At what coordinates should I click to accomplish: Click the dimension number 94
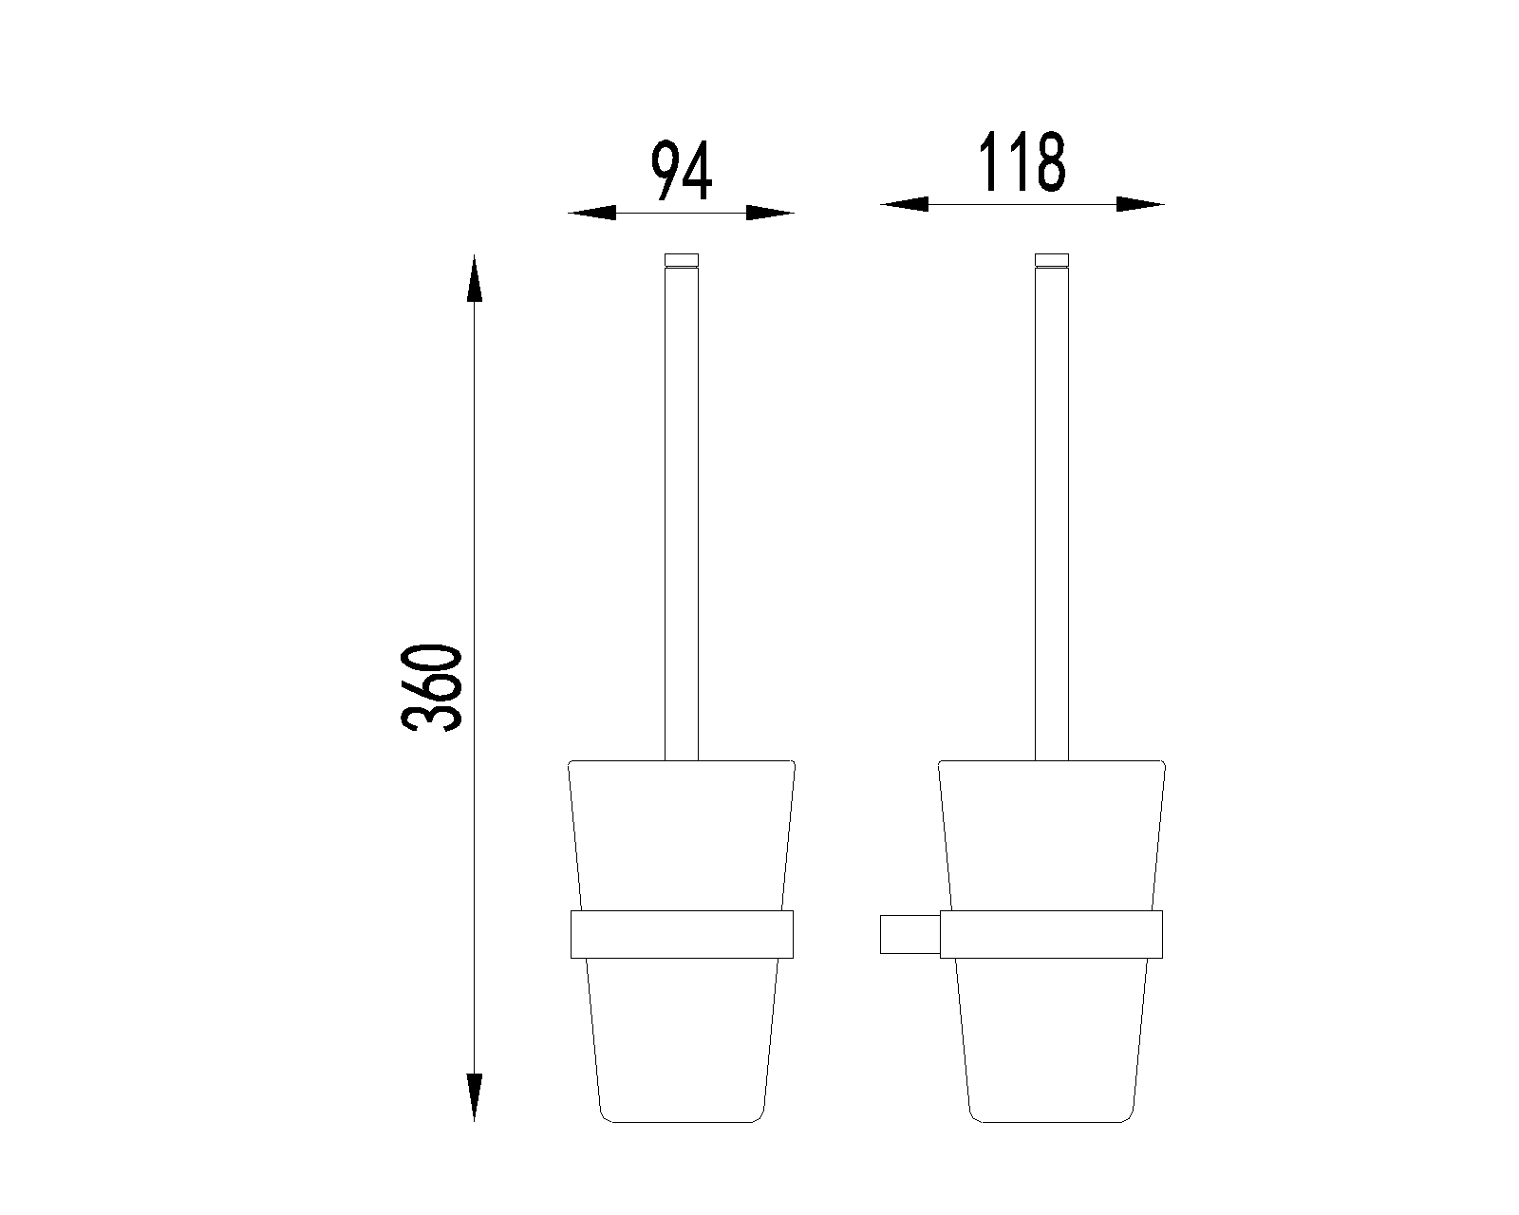click(x=681, y=170)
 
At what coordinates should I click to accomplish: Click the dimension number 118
click(x=1022, y=161)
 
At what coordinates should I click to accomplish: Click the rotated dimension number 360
click(x=431, y=687)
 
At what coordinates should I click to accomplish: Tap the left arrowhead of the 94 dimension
click(x=591, y=213)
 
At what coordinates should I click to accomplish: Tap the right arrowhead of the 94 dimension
click(x=771, y=213)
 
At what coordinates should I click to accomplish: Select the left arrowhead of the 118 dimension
click(x=904, y=204)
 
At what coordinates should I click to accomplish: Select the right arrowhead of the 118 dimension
click(x=1140, y=204)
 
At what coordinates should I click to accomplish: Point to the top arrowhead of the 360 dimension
click(x=475, y=278)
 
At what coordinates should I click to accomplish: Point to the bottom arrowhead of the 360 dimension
click(x=475, y=1097)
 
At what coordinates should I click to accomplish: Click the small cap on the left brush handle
click(x=681, y=260)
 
